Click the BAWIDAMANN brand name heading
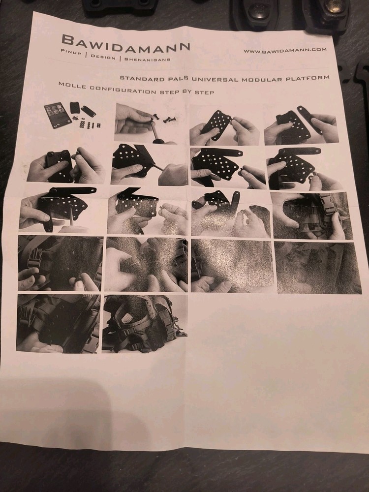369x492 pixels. coord(126,43)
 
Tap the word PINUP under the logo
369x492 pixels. coord(71,52)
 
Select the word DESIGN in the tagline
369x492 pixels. coord(103,57)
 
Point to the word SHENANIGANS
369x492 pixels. coord(147,59)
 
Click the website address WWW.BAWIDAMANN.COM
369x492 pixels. coord(285,50)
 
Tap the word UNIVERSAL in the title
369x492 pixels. coord(215,79)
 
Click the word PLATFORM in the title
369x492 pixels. coord(307,78)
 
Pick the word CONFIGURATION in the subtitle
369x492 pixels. coord(123,90)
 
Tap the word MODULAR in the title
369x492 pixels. coord(262,79)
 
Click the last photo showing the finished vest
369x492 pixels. coord(145,324)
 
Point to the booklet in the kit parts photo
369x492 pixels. coord(58,115)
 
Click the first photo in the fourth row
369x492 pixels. coord(60,263)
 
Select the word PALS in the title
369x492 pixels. coord(178,78)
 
